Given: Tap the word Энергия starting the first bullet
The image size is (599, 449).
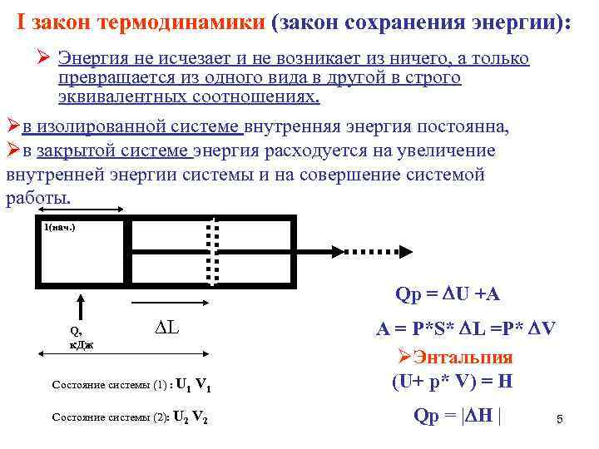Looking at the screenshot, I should pos(94,58).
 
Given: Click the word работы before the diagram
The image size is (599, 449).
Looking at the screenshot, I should pos(37,200).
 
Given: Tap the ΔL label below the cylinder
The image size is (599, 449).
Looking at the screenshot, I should pos(167,328).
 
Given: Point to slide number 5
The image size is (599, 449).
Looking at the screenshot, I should pos(560,421).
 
